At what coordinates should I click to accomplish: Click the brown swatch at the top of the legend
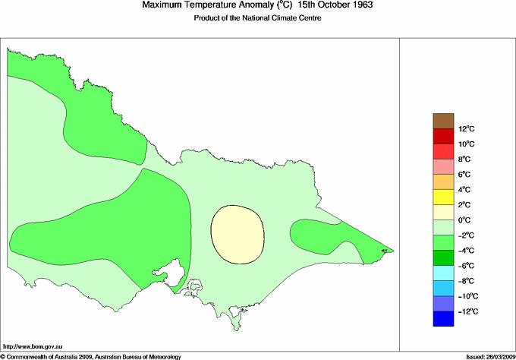pos(442,121)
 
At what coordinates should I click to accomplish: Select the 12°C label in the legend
pos(467,129)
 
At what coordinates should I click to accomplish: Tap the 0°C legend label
pos(464,220)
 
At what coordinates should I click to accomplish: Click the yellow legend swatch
pos(442,197)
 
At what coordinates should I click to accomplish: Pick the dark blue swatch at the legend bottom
pos(442,319)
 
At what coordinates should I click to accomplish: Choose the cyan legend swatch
pos(442,273)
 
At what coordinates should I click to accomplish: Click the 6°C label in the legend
pos(464,175)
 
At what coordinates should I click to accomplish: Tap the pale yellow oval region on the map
pos(238,233)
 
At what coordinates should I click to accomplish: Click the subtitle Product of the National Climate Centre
pos(258,18)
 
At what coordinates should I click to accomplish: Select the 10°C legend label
pos(466,144)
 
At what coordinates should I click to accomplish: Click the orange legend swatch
pos(442,182)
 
